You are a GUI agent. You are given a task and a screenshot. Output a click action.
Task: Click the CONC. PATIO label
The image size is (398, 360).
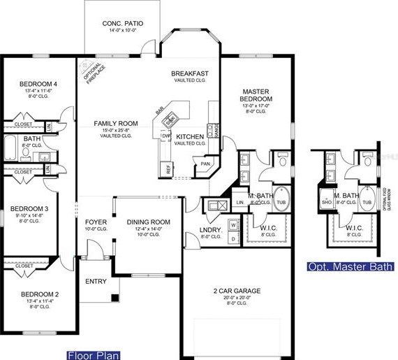(x=117, y=24)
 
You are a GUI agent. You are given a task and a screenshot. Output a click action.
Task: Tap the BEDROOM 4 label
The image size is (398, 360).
(x=38, y=85)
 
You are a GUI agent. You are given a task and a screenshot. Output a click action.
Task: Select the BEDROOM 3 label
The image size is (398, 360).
(x=28, y=208)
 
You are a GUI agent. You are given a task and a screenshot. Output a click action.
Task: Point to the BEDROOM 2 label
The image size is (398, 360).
(x=38, y=294)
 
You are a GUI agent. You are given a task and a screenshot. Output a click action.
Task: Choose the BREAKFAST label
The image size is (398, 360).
(x=190, y=73)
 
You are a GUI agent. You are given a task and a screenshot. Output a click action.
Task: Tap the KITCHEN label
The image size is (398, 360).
(x=189, y=136)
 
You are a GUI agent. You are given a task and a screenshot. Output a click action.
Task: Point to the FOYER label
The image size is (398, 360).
(x=96, y=222)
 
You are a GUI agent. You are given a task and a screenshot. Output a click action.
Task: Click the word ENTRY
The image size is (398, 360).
(x=96, y=281)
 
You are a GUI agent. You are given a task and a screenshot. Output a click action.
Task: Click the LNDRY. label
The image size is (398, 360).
(x=210, y=229)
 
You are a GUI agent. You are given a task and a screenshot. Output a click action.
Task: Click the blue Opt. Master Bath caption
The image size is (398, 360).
(x=352, y=266)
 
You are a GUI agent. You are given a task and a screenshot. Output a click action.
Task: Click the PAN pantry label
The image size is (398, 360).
(x=205, y=164)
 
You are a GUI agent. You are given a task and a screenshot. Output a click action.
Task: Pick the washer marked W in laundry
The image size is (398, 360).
(x=233, y=225)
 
